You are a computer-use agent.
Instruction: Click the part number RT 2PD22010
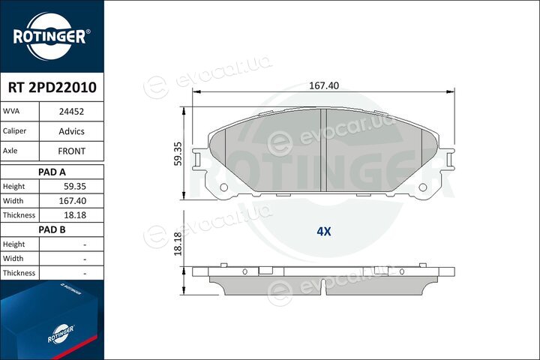(x=52, y=87)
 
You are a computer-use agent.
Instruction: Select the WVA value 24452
(x=71, y=112)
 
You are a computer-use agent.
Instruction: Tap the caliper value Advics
(x=71, y=131)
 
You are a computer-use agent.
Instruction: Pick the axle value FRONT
(x=71, y=151)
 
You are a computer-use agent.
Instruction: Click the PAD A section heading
(x=52, y=172)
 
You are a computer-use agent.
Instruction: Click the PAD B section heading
(x=52, y=229)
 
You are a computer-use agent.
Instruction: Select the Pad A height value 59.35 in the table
(x=75, y=186)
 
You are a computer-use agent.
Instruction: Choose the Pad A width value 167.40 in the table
(x=72, y=201)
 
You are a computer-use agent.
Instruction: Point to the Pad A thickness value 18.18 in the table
(x=75, y=215)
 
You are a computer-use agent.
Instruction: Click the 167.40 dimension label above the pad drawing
(x=324, y=85)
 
